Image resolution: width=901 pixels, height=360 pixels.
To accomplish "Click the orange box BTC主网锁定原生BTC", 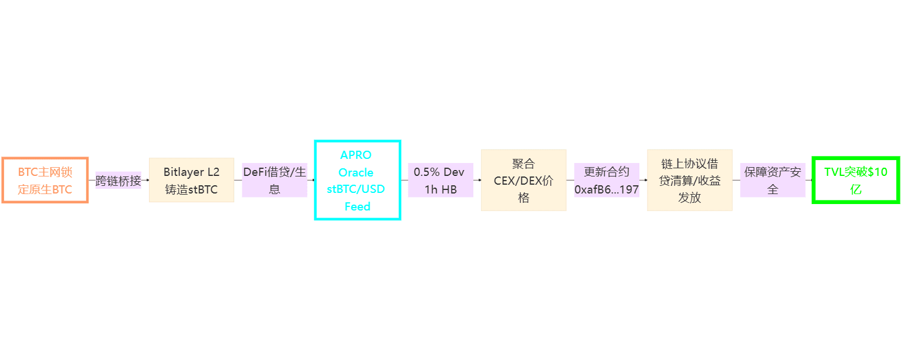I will click(45, 181).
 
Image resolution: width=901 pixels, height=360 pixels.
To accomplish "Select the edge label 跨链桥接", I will click(118, 181).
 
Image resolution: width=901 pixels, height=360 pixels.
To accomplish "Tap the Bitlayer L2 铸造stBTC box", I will click(191, 181).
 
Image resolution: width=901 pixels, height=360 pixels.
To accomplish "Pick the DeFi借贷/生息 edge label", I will click(275, 181).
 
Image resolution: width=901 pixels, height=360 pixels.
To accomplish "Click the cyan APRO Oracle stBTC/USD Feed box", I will click(357, 181).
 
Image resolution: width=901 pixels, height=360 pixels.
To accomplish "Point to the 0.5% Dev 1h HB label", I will click(440, 181).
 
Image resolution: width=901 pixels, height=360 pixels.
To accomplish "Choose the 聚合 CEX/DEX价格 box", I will click(523, 181).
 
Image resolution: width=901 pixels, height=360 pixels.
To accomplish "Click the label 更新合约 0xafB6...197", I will click(607, 181).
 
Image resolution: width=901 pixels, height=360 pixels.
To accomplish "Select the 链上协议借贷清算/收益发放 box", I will click(689, 181).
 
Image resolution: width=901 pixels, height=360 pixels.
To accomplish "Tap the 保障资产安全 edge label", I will click(773, 181).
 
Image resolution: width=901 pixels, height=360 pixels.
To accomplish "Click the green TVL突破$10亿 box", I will click(856, 181).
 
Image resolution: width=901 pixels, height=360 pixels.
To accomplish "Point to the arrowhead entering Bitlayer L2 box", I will click(147, 180).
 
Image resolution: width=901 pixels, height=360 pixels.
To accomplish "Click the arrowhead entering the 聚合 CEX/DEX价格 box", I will click(479, 180).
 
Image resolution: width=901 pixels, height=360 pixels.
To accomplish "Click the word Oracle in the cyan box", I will click(356, 172).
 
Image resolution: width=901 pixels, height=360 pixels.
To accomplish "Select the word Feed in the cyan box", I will click(357, 206).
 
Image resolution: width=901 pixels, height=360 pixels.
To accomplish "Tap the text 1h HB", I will click(440, 189).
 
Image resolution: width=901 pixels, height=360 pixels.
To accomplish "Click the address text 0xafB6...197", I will click(607, 189).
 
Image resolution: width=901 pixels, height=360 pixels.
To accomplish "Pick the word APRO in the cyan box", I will click(356, 155).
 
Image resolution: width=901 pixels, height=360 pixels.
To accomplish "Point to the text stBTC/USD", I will click(356, 189).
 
